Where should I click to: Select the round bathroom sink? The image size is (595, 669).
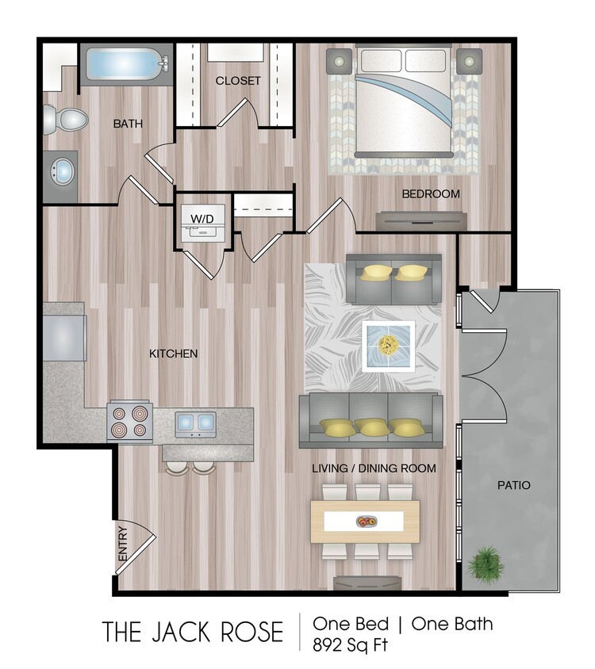(62, 170)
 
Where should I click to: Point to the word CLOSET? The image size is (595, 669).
(238, 81)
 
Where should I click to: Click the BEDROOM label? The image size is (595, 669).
(431, 193)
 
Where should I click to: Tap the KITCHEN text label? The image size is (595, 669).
(174, 354)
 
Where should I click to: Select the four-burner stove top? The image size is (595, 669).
(130, 421)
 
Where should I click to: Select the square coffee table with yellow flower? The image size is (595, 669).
(388, 346)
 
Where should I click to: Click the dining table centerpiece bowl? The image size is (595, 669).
(367, 522)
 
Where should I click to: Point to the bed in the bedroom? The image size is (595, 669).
(405, 101)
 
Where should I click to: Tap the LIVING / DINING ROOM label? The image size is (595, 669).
(374, 468)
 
